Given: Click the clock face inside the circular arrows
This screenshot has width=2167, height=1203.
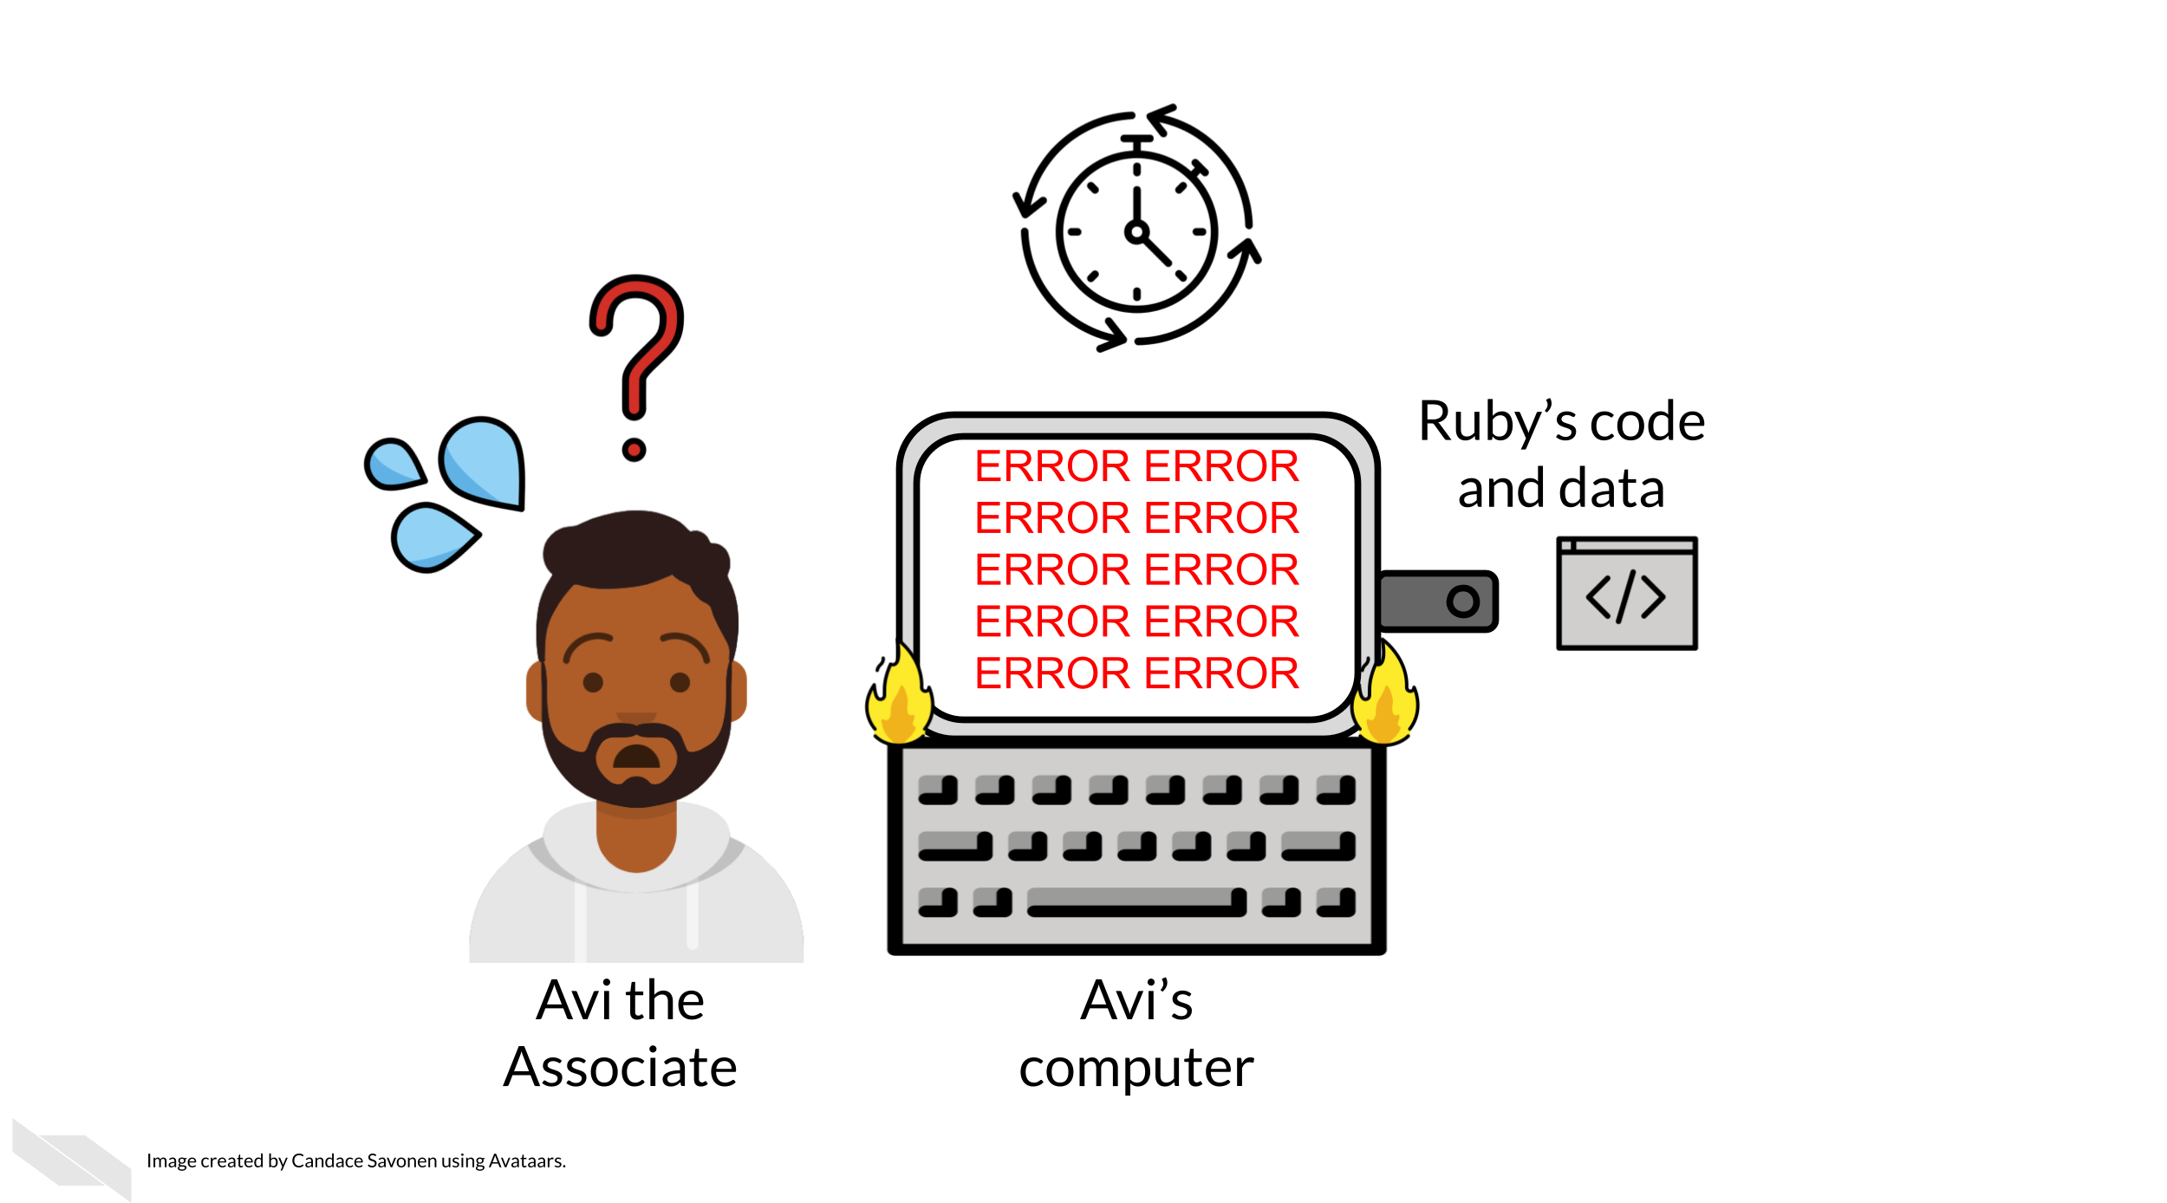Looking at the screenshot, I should [1136, 232].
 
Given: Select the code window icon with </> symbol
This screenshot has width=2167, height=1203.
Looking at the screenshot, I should [1626, 594].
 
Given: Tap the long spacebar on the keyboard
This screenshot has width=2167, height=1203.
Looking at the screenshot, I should [1136, 902].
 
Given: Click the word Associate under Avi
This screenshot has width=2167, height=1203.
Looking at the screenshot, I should [621, 1068].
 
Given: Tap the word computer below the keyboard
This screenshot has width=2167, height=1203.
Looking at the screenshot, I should [1136, 1069].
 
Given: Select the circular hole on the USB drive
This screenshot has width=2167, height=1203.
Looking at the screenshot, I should [1462, 601].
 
